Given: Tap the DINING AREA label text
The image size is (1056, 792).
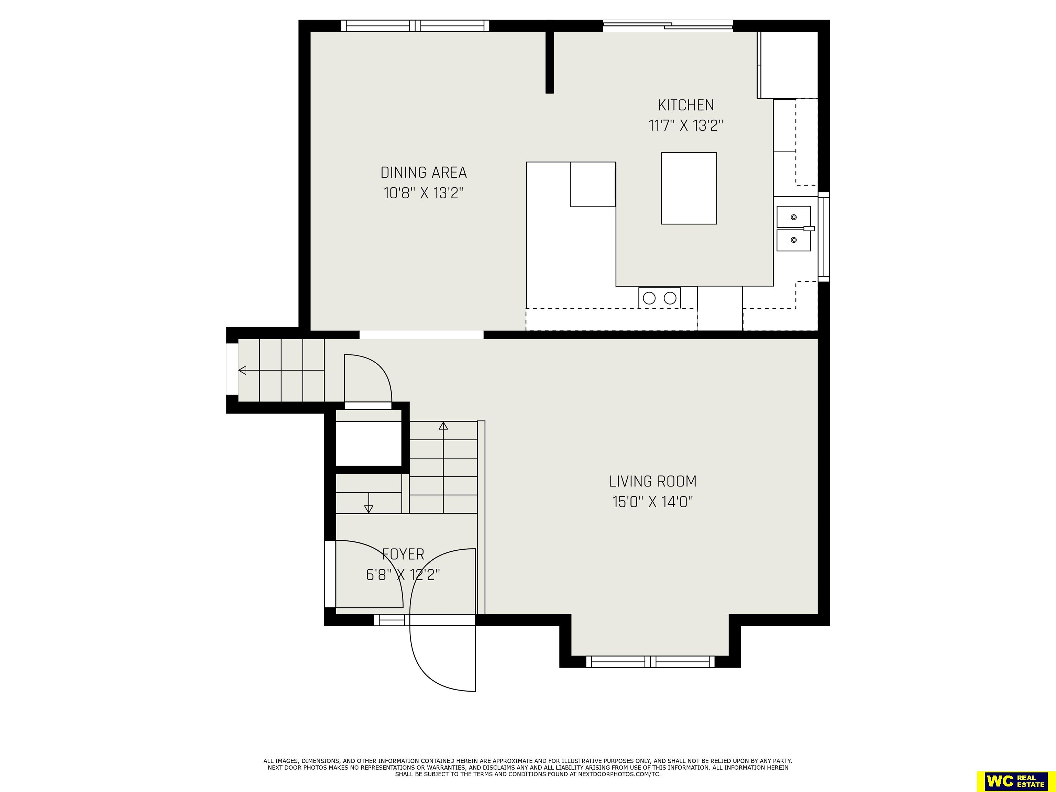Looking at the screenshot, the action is pyautogui.click(x=423, y=172).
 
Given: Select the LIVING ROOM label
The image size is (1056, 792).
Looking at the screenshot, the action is pyautogui.click(x=652, y=481).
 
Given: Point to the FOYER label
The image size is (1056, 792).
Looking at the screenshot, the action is pyautogui.click(x=403, y=554).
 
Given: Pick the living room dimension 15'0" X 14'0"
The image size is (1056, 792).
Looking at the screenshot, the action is pyautogui.click(x=652, y=502).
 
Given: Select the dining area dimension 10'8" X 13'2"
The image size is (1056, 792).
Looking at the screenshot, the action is pyautogui.click(x=423, y=193).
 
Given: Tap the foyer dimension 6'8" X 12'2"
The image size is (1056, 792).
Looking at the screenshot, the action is pyautogui.click(x=403, y=575).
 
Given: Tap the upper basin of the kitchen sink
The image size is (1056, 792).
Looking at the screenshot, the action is pyautogui.click(x=793, y=217).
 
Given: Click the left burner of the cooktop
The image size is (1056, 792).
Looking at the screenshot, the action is pyautogui.click(x=649, y=298).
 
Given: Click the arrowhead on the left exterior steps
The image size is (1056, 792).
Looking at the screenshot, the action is pyautogui.click(x=242, y=370).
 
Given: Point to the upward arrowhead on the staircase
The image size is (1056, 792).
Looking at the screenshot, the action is pyautogui.click(x=443, y=426).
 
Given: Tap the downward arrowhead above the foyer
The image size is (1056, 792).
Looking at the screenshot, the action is pyautogui.click(x=368, y=509).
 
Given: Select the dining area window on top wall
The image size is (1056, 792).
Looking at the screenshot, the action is pyautogui.click(x=415, y=26).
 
